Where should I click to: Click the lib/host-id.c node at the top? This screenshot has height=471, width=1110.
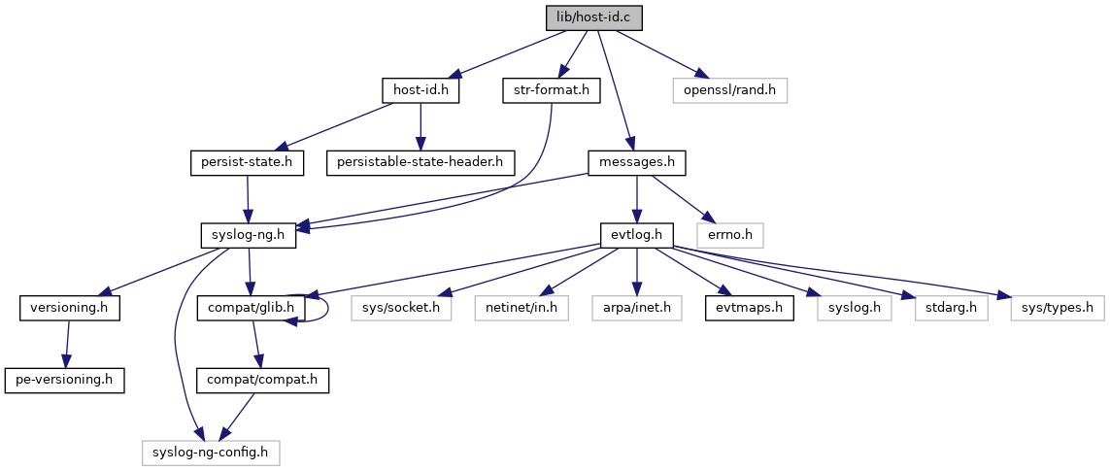click(x=593, y=17)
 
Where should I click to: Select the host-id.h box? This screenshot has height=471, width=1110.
click(x=420, y=90)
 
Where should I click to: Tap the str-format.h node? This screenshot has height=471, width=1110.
click(x=552, y=90)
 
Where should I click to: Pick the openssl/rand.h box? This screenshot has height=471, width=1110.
click(x=729, y=90)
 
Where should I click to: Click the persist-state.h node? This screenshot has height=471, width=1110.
click(x=247, y=162)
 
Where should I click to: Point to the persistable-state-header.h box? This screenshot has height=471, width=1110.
click(x=420, y=162)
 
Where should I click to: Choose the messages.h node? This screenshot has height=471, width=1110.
click(x=637, y=162)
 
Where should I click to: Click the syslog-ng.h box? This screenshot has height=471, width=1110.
click(x=249, y=234)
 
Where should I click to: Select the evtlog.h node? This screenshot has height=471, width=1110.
click(x=636, y=234)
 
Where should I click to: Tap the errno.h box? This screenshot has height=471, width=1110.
click(x=730, y=234)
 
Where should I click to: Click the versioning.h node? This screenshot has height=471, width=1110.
click(x=69, y=308)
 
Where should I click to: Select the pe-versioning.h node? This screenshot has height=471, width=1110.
click(x=65, y=380)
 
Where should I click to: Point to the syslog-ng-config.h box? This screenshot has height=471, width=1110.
click(x=211, y=452)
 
